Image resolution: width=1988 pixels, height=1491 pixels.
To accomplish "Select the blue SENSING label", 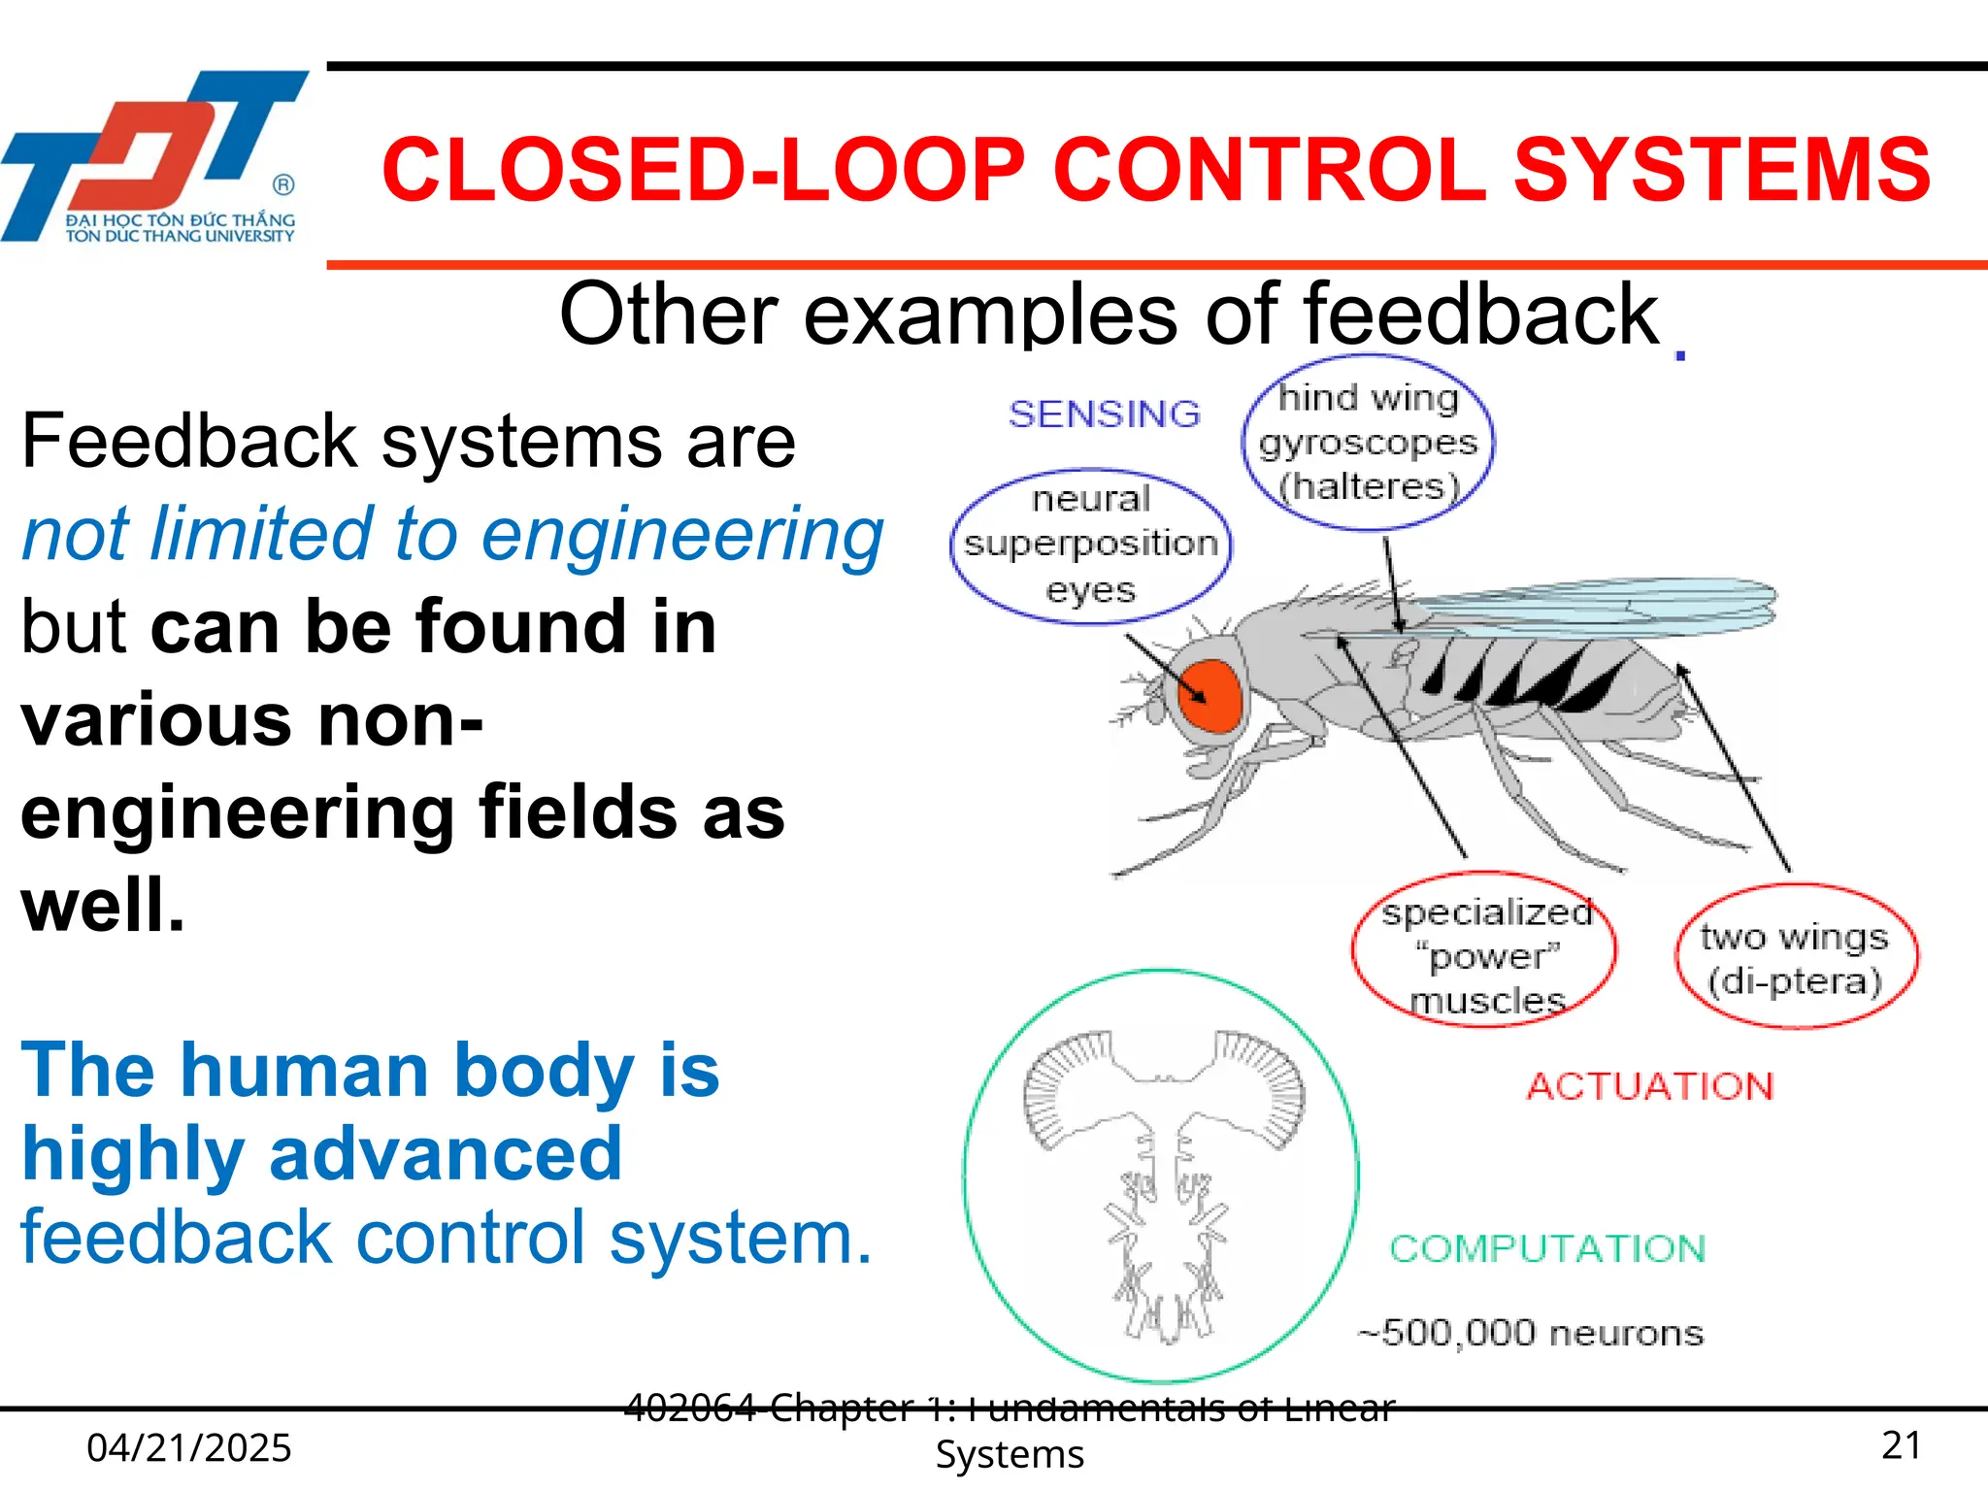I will point(1105,414).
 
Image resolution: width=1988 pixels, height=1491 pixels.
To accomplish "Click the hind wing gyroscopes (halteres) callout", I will point(1369,443).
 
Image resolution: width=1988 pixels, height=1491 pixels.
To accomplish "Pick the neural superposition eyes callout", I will point(1090,545).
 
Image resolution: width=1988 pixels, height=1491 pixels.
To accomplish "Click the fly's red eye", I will point(1209,694).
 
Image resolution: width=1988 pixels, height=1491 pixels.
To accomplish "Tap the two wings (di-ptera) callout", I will point(1795,957).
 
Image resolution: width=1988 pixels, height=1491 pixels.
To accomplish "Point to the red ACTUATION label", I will point(1650,1086).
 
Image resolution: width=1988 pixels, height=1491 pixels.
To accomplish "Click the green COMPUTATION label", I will point(1547,1248).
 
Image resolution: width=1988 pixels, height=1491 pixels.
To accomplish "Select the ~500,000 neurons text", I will point(1531,1333).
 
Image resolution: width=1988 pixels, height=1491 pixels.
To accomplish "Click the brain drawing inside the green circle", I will point(1163,1175).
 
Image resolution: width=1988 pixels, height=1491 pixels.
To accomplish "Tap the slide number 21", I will point(1901,1445).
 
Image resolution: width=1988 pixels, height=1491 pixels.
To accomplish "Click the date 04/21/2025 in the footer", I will point(189,1448).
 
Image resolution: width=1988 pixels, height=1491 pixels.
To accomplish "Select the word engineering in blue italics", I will point(681,534).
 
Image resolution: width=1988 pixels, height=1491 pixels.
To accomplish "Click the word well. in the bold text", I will point(103,905).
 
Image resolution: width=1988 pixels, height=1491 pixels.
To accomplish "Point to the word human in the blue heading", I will point(312,1070).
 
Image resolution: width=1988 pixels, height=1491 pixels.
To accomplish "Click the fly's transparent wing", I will point(1592,607).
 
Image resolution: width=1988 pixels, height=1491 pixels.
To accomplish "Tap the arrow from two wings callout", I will point(1735,767).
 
